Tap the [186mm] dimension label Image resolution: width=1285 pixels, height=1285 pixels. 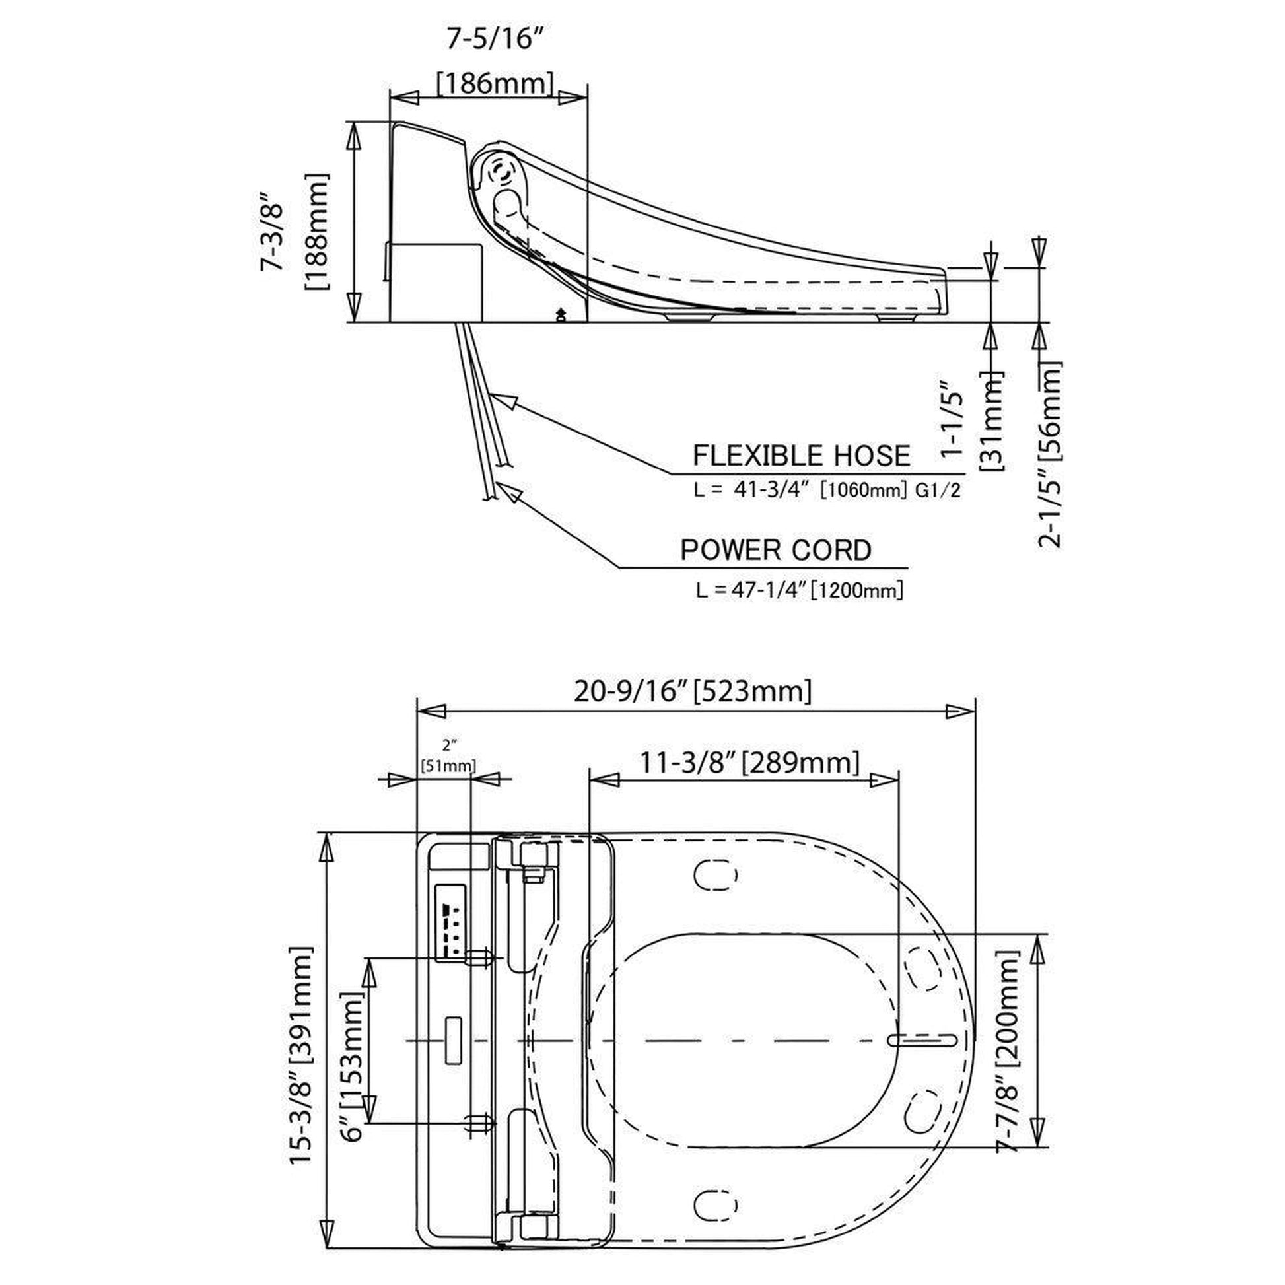point(495,84)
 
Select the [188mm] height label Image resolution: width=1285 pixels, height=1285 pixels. point(316,232)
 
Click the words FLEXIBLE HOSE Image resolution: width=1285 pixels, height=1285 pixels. point(802,456)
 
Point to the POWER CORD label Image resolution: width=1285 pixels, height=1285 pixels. point(775,550)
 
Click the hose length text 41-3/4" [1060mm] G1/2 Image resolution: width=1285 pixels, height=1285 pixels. point(827,490)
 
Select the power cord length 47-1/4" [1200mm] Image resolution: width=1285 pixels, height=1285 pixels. point(800,589)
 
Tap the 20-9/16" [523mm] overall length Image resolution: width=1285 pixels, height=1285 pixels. point(693,692)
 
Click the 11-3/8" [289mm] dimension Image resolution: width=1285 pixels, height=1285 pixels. point(749,762)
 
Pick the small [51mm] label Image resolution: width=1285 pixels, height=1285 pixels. point(448,766)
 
